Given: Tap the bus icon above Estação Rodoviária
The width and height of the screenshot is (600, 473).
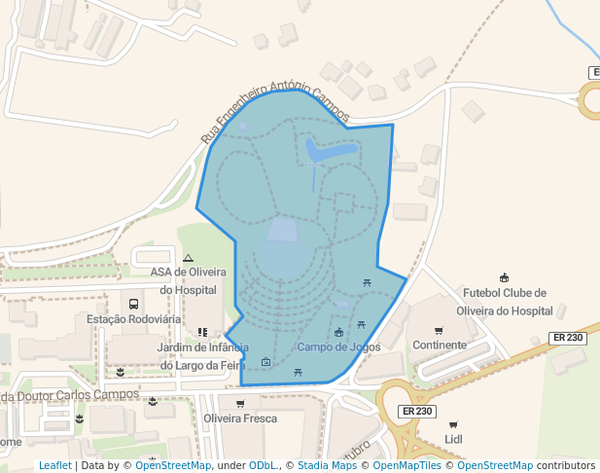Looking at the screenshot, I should click(133, 304).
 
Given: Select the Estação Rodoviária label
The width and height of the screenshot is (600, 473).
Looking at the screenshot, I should click(133, 319).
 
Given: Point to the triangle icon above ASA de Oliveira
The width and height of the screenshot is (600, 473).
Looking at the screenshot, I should click(189, 258).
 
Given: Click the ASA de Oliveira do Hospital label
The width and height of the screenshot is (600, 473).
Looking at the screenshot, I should click(189, 280).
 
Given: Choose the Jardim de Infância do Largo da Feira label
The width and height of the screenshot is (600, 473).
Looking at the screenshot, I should click(202, 355).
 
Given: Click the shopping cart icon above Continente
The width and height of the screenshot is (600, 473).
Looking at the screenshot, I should click(439, 330).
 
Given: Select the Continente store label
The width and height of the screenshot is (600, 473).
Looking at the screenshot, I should click(440, 346).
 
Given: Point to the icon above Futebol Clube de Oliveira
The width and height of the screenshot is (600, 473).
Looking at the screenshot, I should click(504, 278).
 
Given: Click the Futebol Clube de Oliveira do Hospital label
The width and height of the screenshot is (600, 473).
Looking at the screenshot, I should click(506, 302).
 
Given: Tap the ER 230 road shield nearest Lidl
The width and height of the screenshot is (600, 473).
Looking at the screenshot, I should click(416, 412).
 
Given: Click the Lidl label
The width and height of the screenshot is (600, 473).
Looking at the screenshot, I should click(453, 440).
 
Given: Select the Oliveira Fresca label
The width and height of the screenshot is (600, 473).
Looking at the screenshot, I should click(240, 418).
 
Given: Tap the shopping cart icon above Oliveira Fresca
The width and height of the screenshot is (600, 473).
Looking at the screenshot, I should click(240, 403).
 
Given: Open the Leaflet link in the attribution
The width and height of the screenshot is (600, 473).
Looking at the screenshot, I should click(54, 466).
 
